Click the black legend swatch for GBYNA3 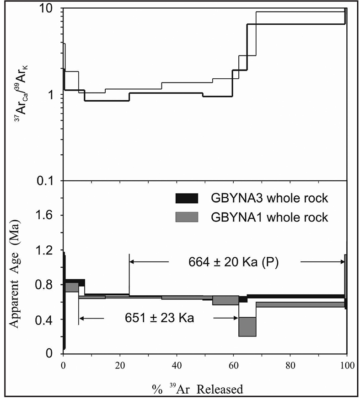(187, 198)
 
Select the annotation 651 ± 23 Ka (160, 317)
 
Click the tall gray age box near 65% (247, 326)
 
